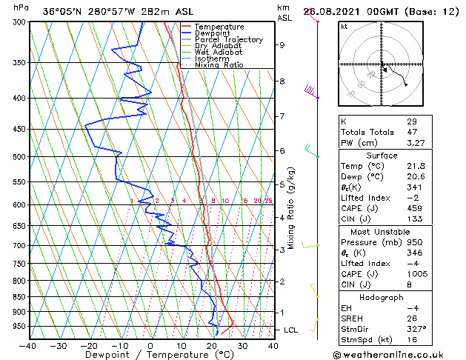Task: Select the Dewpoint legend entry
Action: tap(213, 33)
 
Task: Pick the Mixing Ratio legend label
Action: tap(219, 65)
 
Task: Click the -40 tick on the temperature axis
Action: tap(28, 346)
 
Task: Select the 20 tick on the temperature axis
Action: tap(211, 346)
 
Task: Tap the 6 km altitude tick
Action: tap(282, 151)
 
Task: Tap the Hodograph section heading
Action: tap(381, 297)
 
